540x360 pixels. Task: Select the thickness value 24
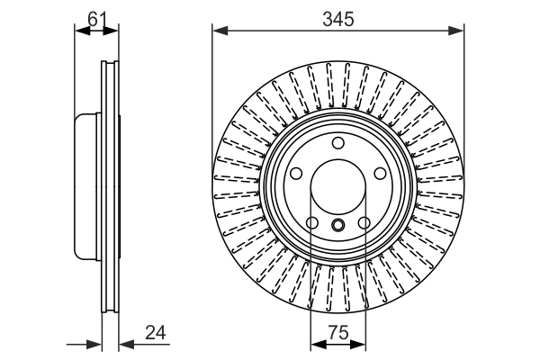tap(157, 332)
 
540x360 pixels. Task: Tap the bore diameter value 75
tap(337, 332)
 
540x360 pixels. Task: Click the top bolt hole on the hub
tap(337, 143)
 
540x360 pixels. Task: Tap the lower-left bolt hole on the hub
tap(311, 223)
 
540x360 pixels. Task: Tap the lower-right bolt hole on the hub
tap(364, 223)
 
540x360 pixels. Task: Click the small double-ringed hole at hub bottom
tap(337, 225)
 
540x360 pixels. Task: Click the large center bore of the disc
tap(337, 188)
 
